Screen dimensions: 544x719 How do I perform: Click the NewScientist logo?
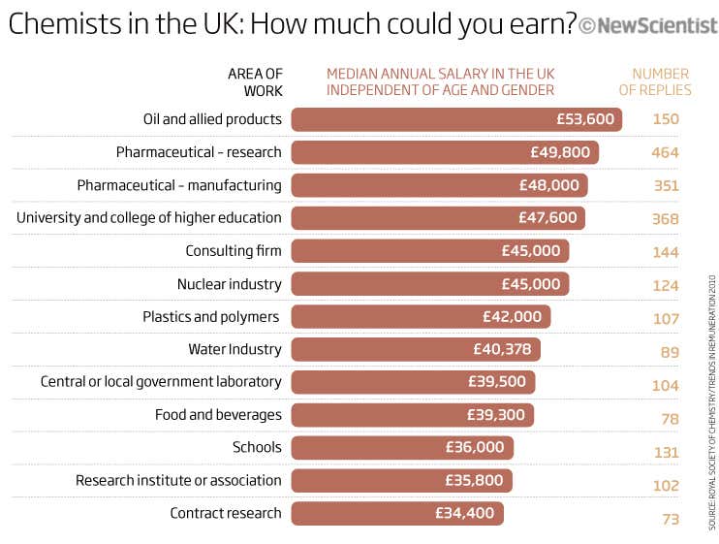pos(647,25)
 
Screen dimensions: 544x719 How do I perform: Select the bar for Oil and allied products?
pos(455,120)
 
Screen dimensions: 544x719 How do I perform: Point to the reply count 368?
pos(665,219)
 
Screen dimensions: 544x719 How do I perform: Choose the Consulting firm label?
pos(234,251)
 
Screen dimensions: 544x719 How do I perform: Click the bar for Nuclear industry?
pos(429,284)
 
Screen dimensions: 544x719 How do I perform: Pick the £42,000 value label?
pos(512,317)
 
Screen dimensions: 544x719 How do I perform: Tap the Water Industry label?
pos(234,349)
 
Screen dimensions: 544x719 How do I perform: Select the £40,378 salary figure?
pos(502,349)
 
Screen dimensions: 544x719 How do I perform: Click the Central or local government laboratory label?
pos(161,382)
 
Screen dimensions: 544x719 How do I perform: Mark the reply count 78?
pos(669,417)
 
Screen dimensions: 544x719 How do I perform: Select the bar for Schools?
pos(401,448)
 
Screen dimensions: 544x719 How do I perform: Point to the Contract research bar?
pos(396,514)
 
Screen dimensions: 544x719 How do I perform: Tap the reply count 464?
pos(665,153)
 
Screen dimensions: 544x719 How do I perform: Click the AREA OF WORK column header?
pos(255,82)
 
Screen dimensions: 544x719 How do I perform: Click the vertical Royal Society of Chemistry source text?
pos(712,401)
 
